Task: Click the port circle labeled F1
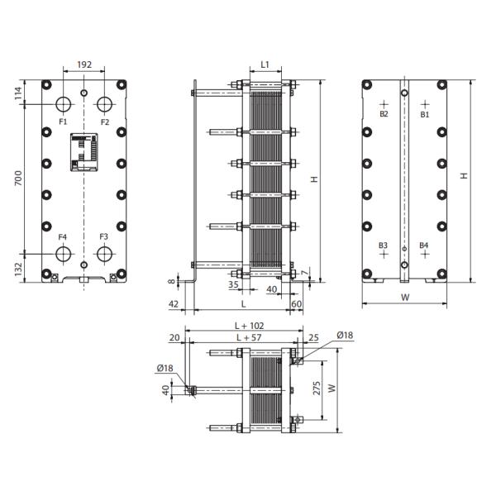[64, 105]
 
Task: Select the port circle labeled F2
[104, 105]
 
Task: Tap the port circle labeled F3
[104, 254]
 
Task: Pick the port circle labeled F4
[64, 254]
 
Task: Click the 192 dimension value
[83, 63]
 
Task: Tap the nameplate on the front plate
[84, 152]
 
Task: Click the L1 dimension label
[265, 64]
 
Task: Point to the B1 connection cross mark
[425, 105]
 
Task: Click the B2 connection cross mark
[384, 105]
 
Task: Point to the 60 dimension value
[297, 304]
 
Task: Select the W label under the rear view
[405, 297]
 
